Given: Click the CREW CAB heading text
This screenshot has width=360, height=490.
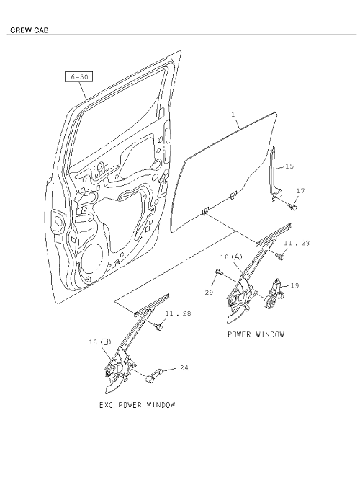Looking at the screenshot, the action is pyautogui.click(x=29, y=30).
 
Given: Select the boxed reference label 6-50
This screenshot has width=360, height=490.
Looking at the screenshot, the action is pyautogui.click(x=78, y=76).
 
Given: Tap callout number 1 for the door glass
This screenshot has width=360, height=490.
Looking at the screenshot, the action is pyautogui.click(x=233, y=115).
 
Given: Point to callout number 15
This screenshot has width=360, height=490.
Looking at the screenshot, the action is pyautogui.click(x=289, y=166).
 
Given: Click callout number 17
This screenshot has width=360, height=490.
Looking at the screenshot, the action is pyautogui.click(x=300, y=190).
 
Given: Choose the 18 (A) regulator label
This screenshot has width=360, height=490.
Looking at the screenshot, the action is pyautogui.click(x=230, y=257).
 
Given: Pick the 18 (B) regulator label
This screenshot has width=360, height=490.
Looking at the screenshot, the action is pyautogui.click(x=99, y=342).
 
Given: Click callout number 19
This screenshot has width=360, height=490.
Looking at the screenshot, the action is pyautogui.click(x=294, y=285).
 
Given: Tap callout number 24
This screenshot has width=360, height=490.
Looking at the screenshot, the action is pyautogui.click(x=184, y=368).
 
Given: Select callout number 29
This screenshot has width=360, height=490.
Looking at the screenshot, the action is pyautogui.click(x=209, y=292).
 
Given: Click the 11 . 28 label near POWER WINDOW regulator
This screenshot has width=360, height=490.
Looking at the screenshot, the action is pyautogui.click(x=297, y=243).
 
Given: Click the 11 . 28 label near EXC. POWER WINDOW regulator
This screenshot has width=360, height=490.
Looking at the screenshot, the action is pyautogui.click(x=178, y=313).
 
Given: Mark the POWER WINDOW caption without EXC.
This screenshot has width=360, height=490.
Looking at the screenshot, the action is pyautogui.click(x=256, y=334).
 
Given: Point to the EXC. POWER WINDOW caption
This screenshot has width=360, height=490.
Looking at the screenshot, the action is pyautogui.click(x=137, y=405).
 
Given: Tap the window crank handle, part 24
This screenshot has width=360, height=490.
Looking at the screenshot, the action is pyautogui.click(x=153, y=375).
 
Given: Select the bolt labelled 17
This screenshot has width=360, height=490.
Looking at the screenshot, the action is pyautogui.click(x=292, y=206).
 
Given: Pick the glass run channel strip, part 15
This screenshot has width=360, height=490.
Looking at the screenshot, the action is pyautogui.click(x=275, y=173).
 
